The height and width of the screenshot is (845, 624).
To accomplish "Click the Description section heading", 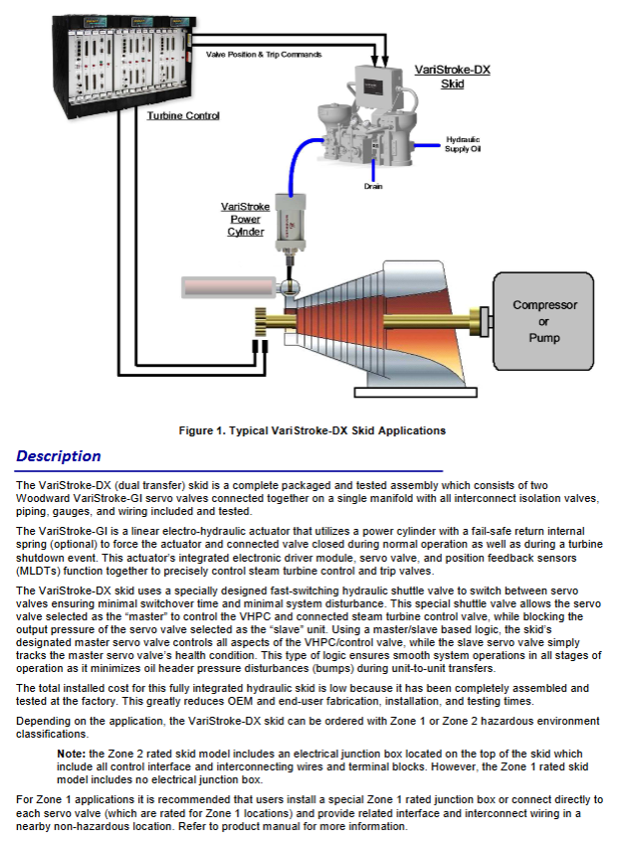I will [59, 456].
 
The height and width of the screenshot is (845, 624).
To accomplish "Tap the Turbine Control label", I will [183, 116].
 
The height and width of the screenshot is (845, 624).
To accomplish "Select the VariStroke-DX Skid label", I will [452, 77].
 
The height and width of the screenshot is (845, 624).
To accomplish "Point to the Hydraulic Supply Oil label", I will [463, 143].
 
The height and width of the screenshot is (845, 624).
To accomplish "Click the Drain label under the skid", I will [373, 186].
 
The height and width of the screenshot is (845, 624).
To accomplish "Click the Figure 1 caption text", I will [312, 430].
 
